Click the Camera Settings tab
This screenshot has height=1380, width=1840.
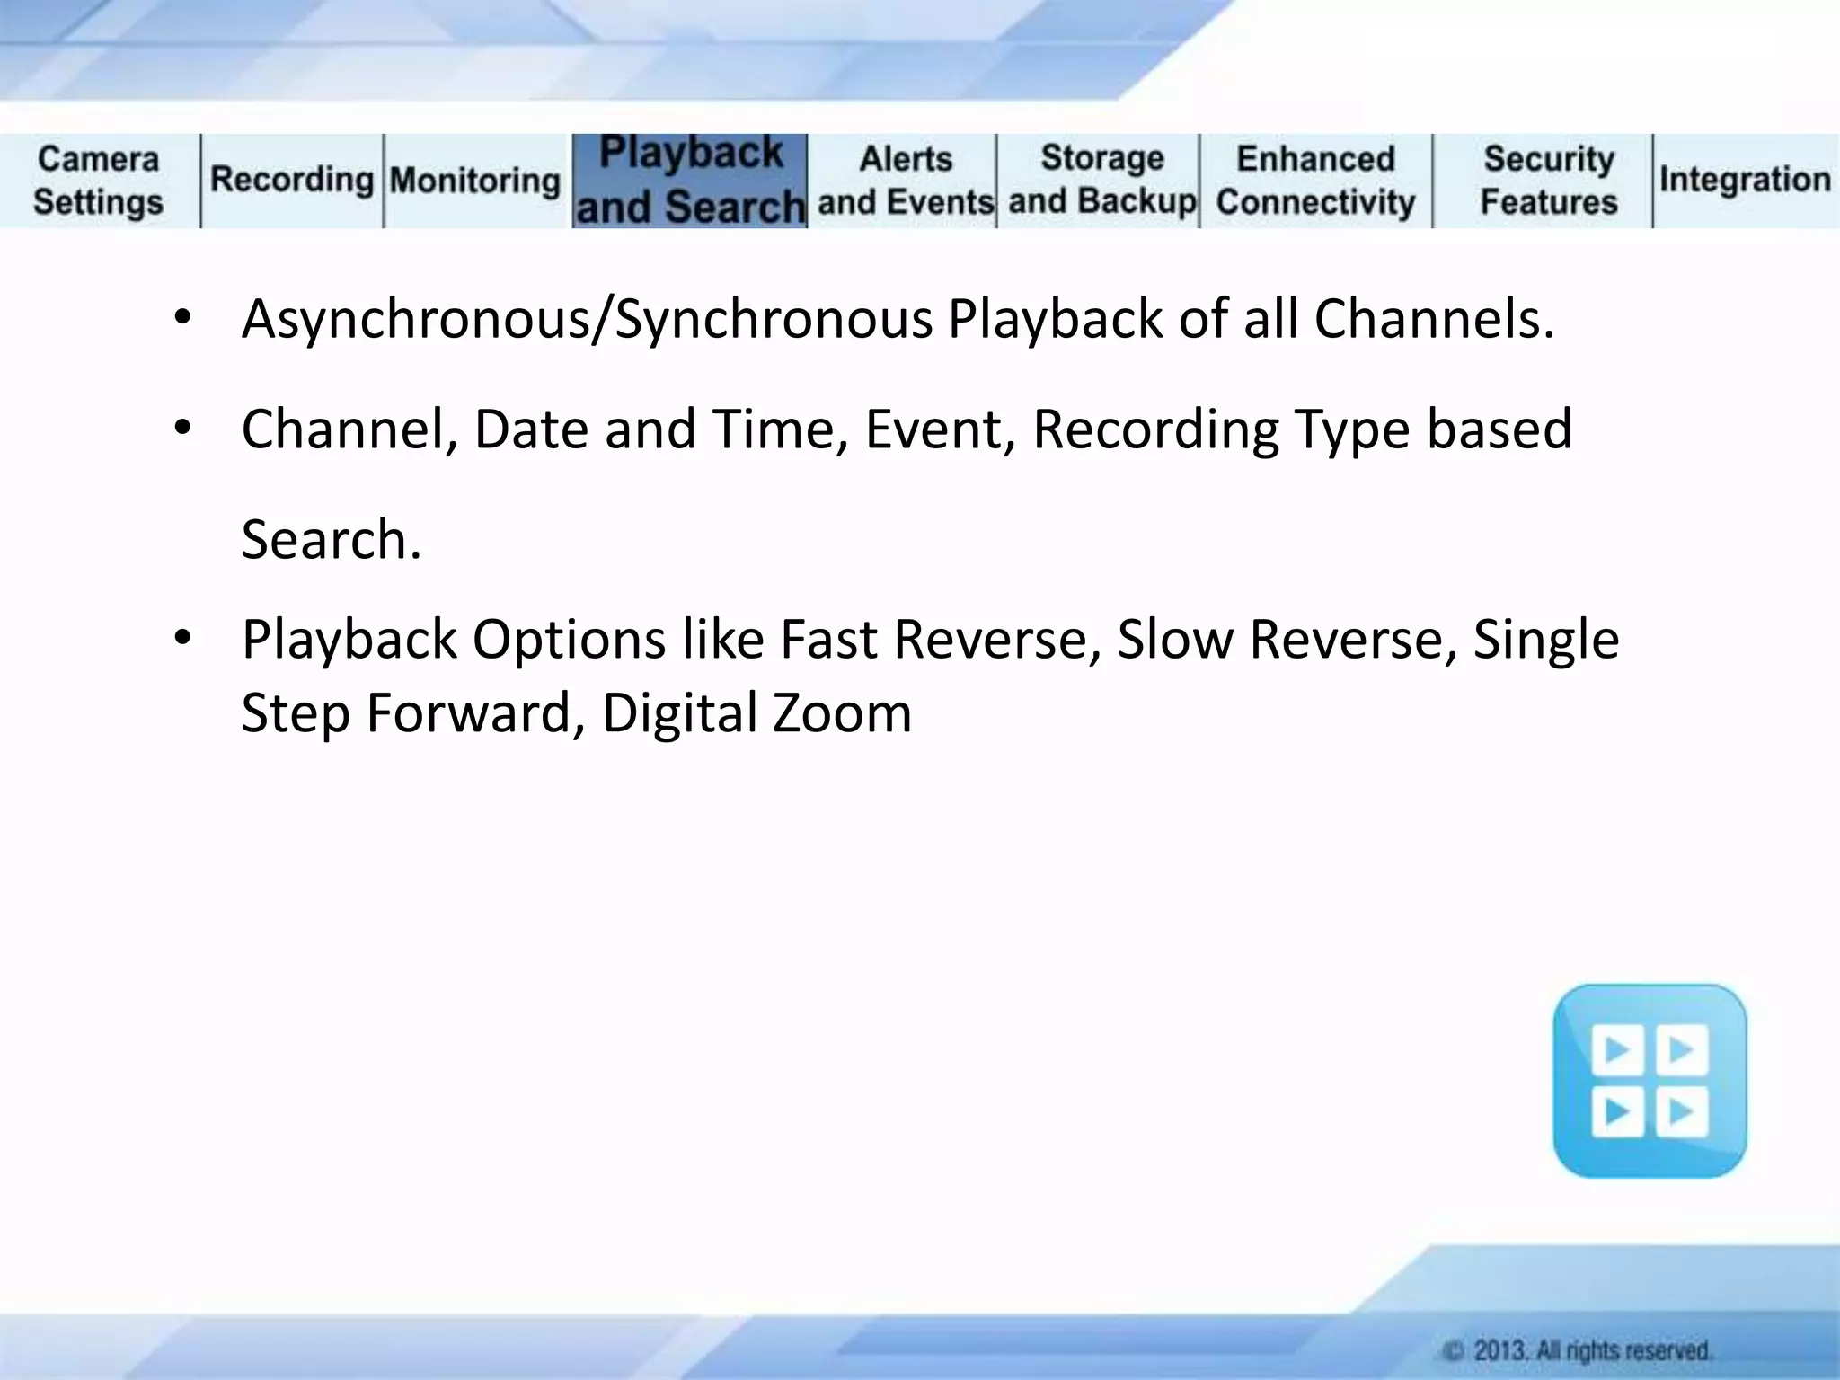pos(99,181)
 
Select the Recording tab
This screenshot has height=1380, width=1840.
pos(291,180)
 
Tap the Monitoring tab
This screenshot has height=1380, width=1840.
pos(475,181)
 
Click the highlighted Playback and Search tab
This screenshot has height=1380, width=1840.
pos(690,181)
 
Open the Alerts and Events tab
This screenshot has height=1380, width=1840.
pos(905,181)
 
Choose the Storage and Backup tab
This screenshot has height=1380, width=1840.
pos(1101,180)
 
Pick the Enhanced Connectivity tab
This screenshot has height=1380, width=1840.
pos(1315,181)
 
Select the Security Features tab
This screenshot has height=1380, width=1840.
pos(1548,181)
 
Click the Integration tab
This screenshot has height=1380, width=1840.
pos(1745,180)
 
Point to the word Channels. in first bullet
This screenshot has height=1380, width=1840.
pos(1434,320)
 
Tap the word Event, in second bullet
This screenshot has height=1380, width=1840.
pos(940,429)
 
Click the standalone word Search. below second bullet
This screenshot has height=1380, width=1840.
pos(331,540)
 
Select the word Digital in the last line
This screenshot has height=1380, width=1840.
pos(680,713)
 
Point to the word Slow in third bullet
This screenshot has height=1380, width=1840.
pos(1174,640)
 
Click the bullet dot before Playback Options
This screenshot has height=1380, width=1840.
pos(183,638)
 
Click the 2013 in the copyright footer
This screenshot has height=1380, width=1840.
pos(1499,1350)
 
